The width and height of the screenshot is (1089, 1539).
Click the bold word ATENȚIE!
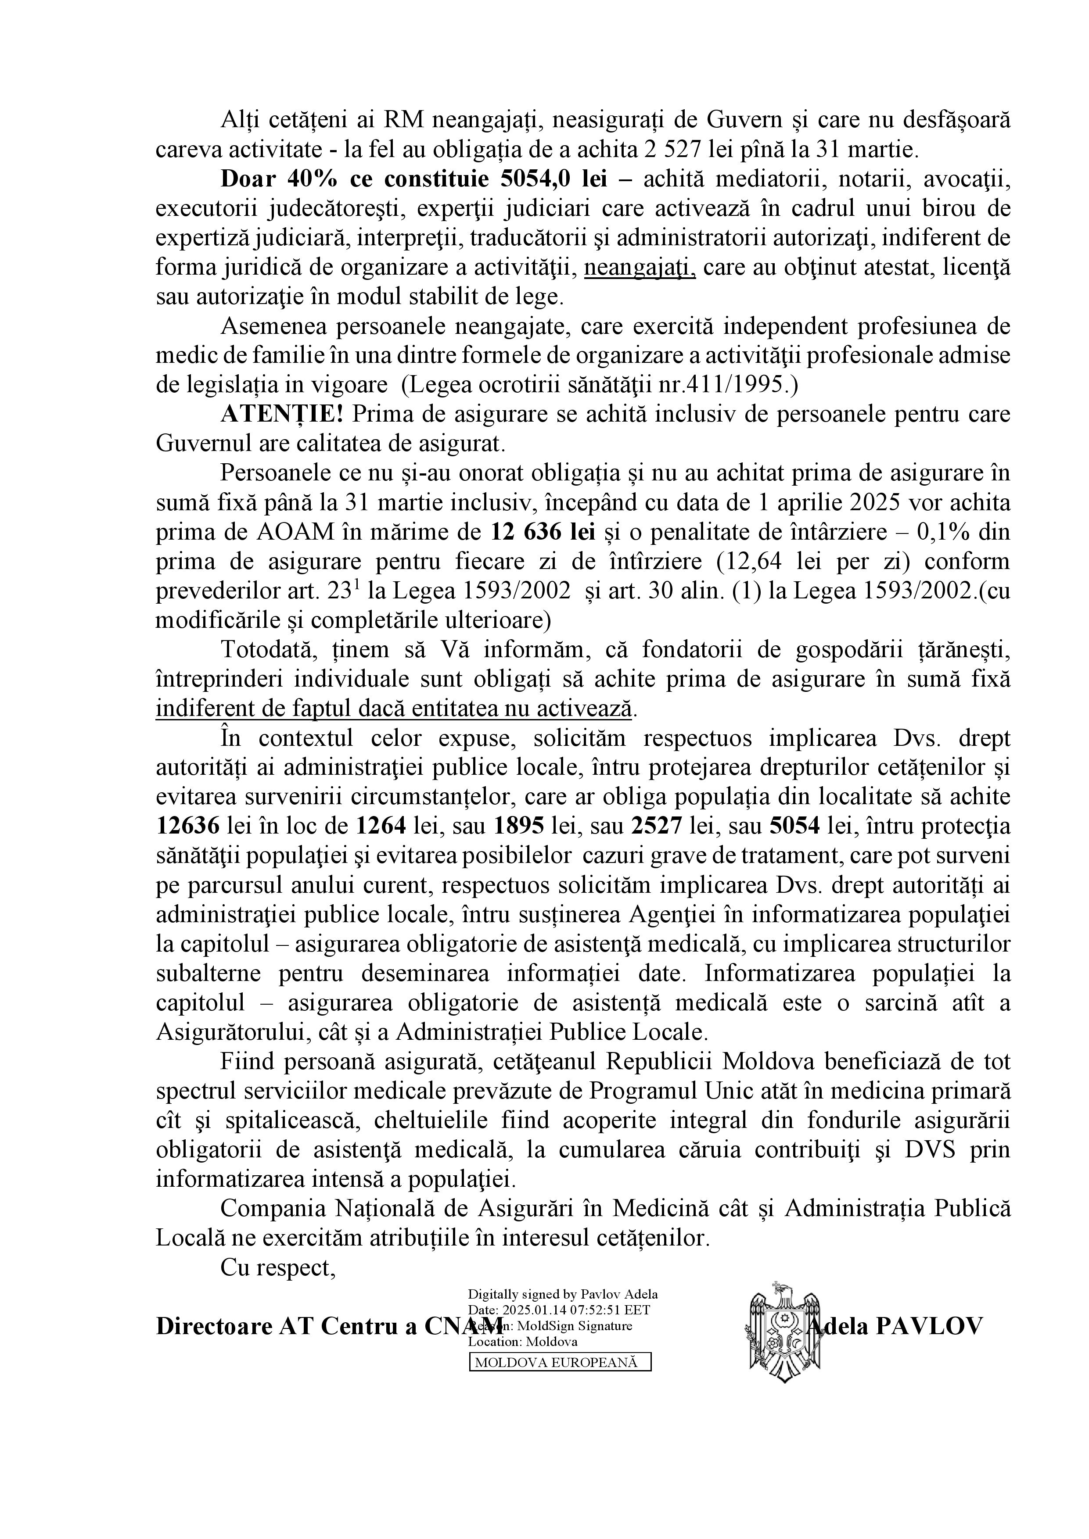coord(282,414)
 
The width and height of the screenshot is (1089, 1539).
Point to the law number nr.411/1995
coord(726,385)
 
